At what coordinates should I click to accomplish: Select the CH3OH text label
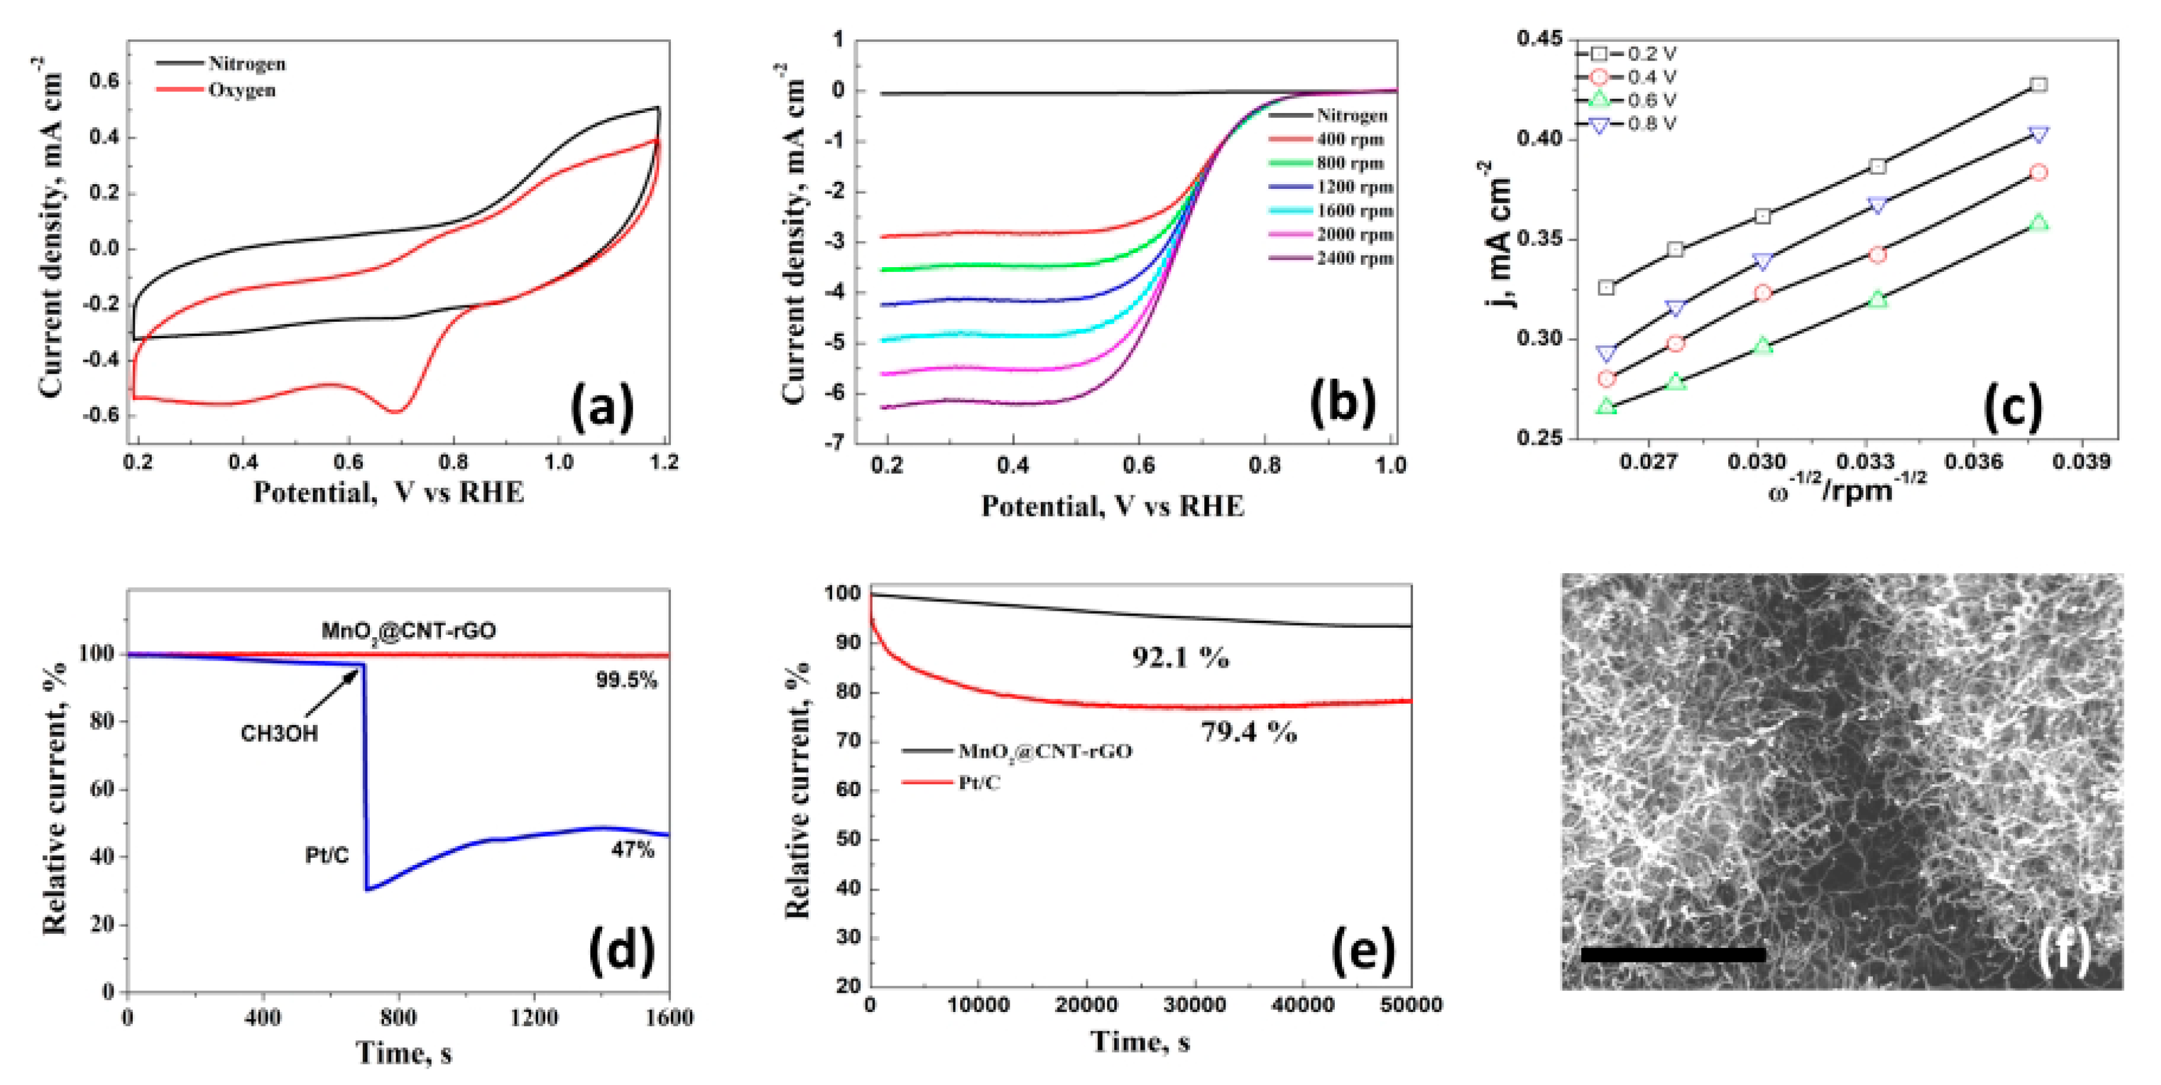click(x=279, y=733)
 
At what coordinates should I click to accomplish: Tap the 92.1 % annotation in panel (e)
click(x=1180, y=658)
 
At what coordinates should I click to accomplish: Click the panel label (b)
click(x=1342, y=403)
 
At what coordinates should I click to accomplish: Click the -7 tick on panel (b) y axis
click(x=836, y=443)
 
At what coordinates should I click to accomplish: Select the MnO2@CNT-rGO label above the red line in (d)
click(x=409, y=631)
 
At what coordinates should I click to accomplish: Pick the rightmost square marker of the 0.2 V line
click(x=2039, y=85)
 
